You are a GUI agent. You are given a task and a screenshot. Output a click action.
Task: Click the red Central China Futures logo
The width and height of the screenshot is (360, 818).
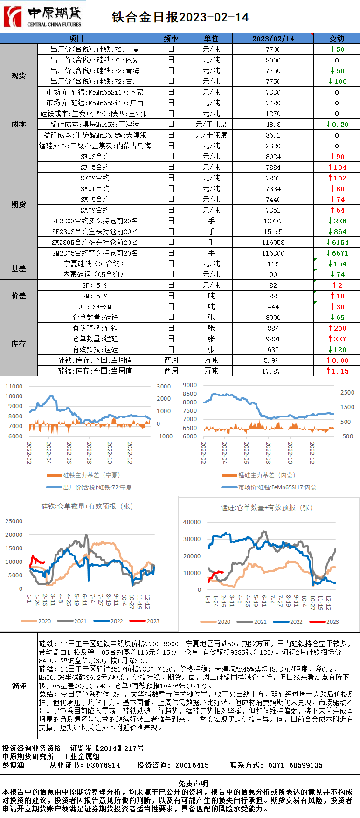13,17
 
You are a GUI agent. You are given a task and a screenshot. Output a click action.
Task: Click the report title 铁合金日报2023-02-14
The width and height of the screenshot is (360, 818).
180,17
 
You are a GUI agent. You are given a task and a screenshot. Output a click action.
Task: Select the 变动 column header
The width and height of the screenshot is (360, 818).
336,38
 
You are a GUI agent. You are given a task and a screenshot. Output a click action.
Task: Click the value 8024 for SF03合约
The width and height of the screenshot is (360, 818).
273,157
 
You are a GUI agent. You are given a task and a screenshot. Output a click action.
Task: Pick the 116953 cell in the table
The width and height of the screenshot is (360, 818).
273,243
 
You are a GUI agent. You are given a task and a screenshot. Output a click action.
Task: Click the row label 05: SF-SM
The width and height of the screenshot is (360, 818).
95,307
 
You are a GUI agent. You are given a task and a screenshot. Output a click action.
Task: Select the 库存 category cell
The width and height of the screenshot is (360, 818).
19,344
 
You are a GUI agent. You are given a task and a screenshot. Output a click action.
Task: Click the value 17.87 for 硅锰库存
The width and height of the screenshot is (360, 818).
273,371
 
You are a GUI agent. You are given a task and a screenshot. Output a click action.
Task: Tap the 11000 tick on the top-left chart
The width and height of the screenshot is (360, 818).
14,386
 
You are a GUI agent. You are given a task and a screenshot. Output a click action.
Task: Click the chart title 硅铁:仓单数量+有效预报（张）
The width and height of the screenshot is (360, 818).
87,506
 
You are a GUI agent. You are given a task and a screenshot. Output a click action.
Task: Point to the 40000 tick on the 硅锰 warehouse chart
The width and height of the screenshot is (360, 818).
192,522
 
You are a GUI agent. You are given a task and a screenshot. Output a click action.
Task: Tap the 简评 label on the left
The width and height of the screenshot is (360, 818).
19,686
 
